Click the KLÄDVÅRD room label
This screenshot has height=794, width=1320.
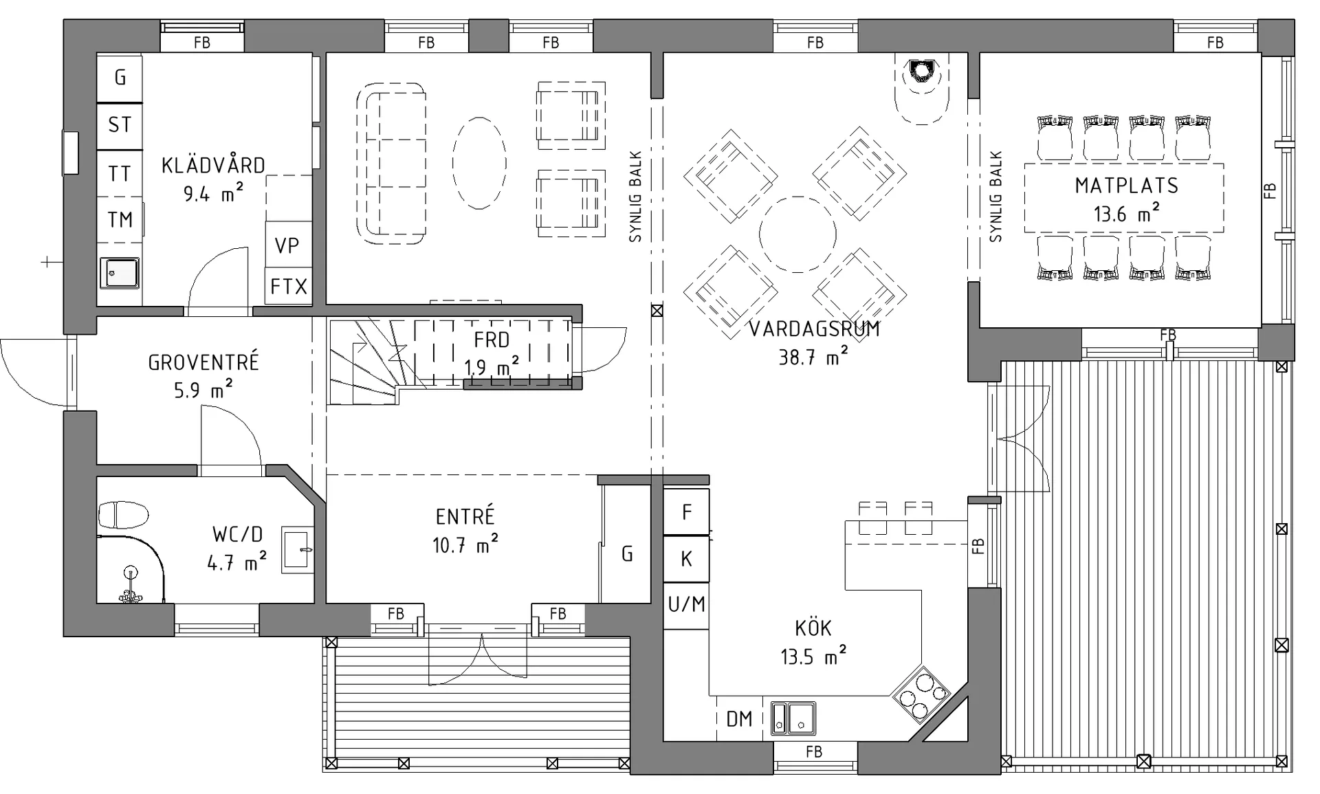[213, 165]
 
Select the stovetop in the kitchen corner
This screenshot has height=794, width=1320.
[921, 694]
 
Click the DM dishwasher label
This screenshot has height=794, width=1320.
[739, 719]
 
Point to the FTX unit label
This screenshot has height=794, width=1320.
[289, 286]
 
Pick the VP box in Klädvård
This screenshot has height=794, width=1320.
[287, 245]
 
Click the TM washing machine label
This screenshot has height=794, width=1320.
[120, 219]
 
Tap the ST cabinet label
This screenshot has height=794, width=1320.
[120, 124]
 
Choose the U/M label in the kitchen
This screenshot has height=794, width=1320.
[686, 604]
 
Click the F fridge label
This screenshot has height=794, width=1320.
[686, 511]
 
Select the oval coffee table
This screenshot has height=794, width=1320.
[479, 163]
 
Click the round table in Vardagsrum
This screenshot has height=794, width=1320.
[797, 234]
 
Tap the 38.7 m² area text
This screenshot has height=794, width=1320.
[813, 356]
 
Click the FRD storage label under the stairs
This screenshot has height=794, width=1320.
[492, 340]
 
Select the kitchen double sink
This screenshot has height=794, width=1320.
[793, 718]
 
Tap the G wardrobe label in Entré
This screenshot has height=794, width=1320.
[627, 553]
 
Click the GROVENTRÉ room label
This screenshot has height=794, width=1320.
[203, 362]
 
